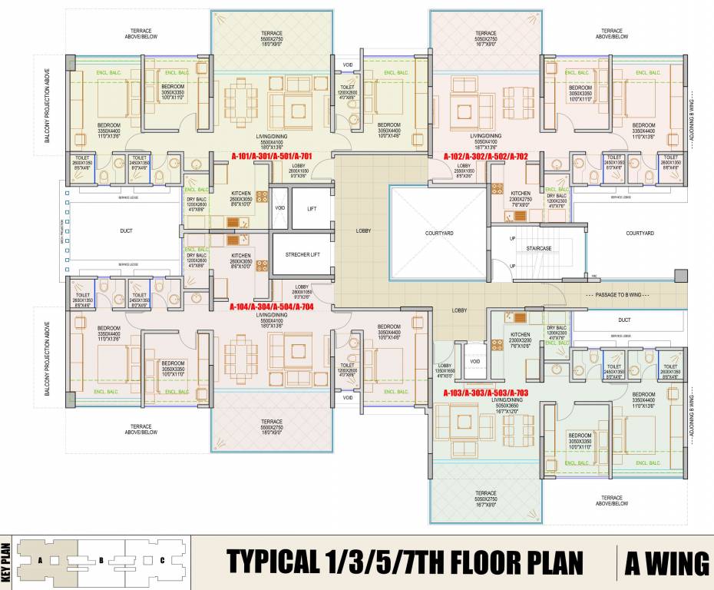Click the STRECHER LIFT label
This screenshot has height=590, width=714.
(x=302, y=254)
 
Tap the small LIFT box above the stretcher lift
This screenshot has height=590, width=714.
(x=311, y=209)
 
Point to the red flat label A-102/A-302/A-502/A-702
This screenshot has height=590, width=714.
(x=485, y=156)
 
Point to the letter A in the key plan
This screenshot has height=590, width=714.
(x=38, y=560)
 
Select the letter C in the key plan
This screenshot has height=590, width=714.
(x=162, y=560)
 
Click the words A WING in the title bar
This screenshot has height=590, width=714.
(x=665, y=563)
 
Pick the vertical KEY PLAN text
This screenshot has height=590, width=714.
(x=7, y=562)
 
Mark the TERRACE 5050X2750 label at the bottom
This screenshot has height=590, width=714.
(x=485, y=495)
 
